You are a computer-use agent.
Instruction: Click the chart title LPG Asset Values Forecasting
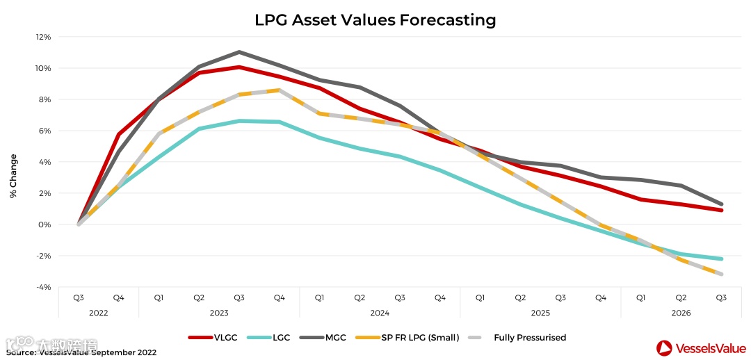tap(375, 20)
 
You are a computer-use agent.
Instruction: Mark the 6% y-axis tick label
tap(45, 131)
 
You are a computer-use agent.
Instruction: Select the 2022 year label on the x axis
tap(99, 313)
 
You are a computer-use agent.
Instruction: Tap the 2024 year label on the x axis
tap(380, 313)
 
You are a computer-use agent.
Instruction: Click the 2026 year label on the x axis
tap(681, 313)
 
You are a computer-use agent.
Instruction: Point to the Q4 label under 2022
tap(118, 297)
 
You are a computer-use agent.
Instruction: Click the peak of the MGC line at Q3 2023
tap(239, 52)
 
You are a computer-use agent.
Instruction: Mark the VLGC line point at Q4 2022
tap(119, 134)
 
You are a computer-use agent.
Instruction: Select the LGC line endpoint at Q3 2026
tap(721, 259)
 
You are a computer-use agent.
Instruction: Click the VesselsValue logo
tap(700, 347)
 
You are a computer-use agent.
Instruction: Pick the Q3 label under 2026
tap(721, 297)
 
